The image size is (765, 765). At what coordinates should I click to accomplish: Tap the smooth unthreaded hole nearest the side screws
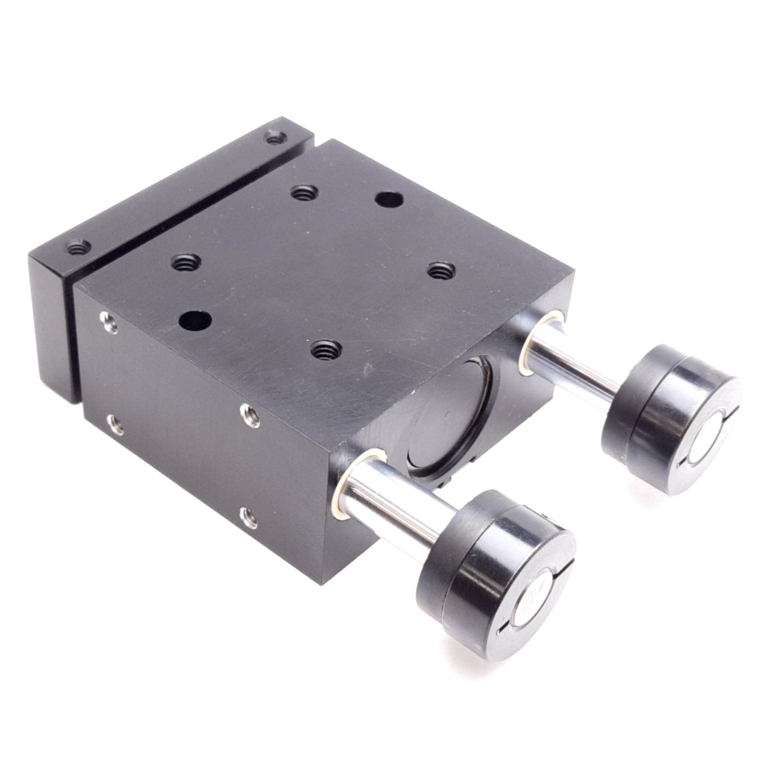click(194, 320)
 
